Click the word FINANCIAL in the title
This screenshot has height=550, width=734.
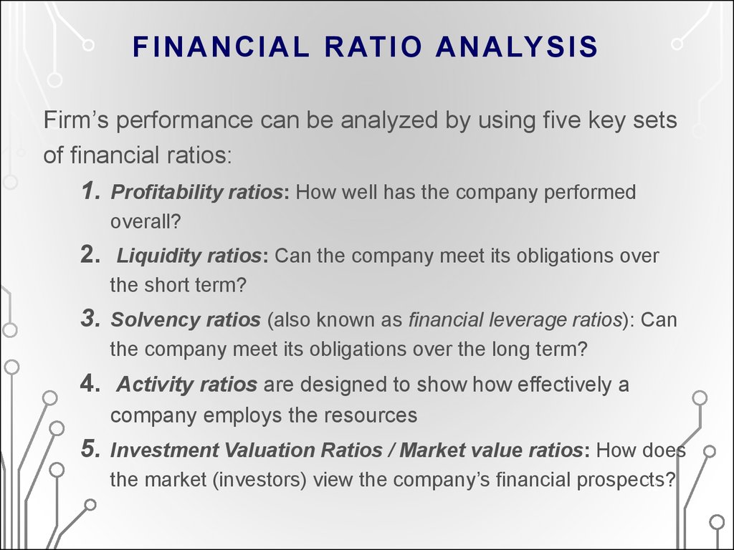point(221,47)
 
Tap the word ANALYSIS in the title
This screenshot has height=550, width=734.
point(517,47)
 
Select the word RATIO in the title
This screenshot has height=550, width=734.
point(373,47)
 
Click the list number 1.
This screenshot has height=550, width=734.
point(91,190)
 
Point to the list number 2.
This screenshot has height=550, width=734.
point(90,255)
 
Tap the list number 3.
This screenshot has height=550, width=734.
point(90,319)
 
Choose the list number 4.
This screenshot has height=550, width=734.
point(90,384)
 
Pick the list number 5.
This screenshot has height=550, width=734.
point(90,449)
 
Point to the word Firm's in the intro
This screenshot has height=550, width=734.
point(76,120)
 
